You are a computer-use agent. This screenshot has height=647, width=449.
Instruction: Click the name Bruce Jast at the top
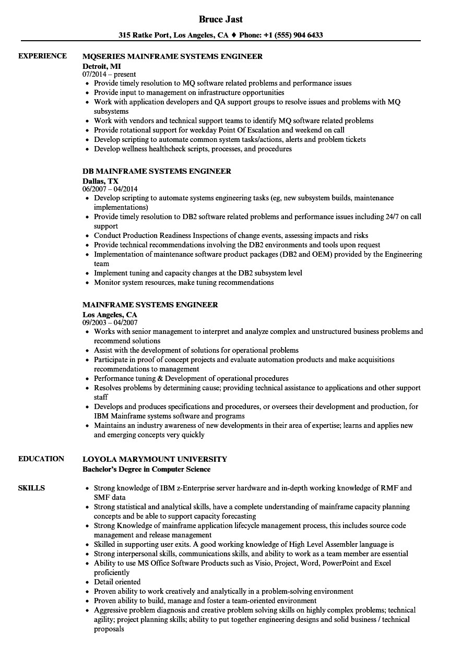(221, 19)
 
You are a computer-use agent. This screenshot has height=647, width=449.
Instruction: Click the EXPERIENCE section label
(42, 56)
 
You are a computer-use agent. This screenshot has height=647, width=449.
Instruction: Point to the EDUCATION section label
(41, 459)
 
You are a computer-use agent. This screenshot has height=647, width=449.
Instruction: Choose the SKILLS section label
(31, 488)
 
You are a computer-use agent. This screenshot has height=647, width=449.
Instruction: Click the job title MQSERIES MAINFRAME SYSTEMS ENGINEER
(172, 56)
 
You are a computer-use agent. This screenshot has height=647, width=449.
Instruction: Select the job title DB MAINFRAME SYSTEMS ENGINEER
(157, 171)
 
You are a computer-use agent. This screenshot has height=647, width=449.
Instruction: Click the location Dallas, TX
(100, 180)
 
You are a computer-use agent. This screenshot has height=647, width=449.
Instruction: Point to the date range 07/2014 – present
(109, 74)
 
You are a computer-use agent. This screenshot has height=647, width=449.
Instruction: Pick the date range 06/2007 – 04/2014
(110, 189)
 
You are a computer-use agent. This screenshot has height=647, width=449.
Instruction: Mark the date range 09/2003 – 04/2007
(110, 322)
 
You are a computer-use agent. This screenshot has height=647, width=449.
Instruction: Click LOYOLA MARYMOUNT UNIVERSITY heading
(155, 459)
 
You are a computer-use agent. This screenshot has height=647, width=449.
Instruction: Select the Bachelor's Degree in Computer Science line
(146, 469)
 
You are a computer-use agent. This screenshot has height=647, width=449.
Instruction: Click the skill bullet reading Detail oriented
(117, 582)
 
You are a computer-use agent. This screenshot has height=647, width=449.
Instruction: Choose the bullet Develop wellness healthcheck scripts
(193, 149)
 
